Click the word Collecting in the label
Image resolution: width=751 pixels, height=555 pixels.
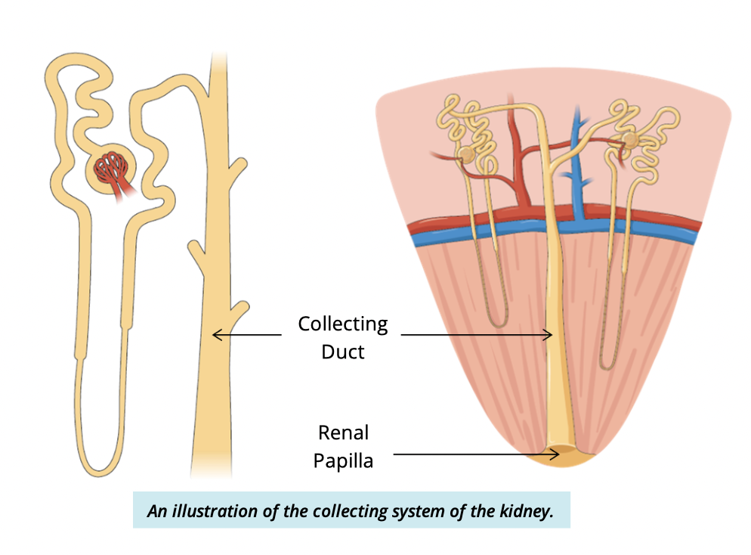point(342,325)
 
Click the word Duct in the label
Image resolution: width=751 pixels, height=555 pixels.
point(342,352)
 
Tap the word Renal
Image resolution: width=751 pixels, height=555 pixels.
point(343,433)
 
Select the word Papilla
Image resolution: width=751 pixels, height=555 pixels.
point(343,460)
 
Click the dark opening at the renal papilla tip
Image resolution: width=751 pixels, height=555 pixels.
point(561,454)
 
